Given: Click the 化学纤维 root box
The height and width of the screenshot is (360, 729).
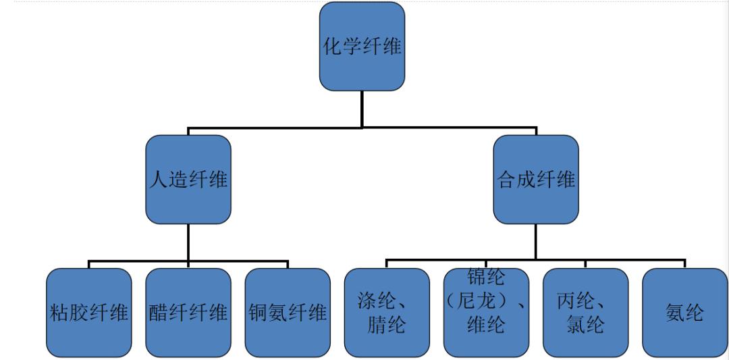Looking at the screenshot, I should (362, 47).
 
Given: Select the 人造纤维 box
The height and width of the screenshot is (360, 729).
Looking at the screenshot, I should (188, 180).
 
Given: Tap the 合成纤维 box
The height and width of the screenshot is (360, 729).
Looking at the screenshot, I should (536, 180).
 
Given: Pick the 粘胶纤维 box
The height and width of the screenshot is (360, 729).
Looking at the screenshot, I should (89, 313).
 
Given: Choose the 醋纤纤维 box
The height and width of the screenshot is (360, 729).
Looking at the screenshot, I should (188, 313).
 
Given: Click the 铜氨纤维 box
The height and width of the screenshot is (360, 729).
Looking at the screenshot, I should (288, 313).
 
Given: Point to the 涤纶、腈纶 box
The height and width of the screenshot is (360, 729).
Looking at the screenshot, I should (387, 313).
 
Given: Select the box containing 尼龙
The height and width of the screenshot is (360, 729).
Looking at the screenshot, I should (486, 313).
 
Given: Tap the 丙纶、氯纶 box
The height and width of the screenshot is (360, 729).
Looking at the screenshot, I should (585, 313).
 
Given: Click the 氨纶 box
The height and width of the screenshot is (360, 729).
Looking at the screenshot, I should (684, 313).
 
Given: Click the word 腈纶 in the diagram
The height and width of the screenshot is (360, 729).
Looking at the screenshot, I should (387, 325).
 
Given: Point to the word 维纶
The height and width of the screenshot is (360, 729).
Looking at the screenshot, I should (486, 326).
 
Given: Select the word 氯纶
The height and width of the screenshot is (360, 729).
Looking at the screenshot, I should (585, 325).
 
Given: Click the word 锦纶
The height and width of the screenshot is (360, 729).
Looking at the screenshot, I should (486, 277).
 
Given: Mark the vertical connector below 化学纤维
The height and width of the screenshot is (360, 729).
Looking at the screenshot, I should (362, 108).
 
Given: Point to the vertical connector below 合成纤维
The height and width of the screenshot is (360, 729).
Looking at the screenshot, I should (536, 241).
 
